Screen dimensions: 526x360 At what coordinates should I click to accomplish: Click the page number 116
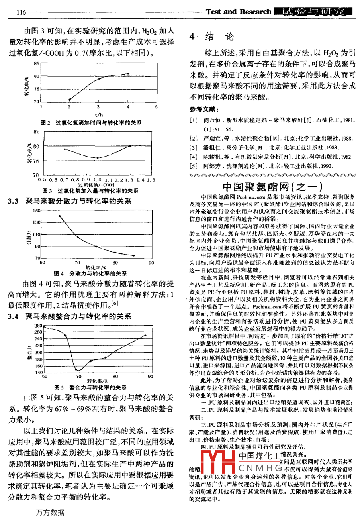coord(21,12)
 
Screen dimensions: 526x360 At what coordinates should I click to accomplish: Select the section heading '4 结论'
coord(211,37)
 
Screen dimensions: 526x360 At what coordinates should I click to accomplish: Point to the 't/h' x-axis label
coord(99,115)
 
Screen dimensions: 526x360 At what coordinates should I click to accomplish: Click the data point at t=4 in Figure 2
coord(128,73)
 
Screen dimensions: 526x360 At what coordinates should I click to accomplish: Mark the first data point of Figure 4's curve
coord(59,216)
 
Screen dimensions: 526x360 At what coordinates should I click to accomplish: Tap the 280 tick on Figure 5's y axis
coord(38,326)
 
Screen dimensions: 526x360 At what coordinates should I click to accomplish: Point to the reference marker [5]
coord(194,166)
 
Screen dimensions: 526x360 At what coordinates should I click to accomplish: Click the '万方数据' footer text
coord(50,512)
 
